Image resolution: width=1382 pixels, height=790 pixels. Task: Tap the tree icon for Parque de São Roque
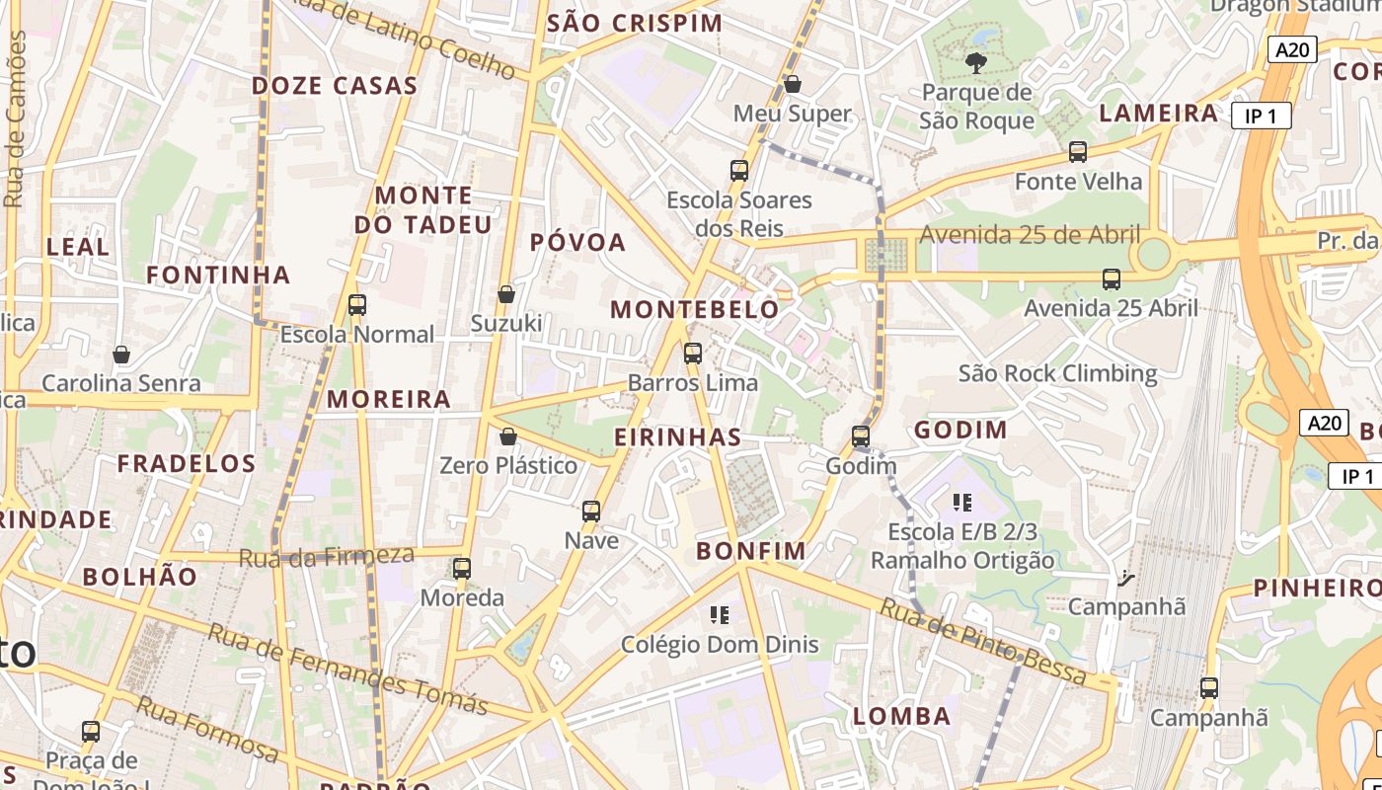pyautogui.click(x=976, y=64)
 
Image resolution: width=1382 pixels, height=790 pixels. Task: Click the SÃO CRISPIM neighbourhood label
pyautogui.click(x=635, y=24)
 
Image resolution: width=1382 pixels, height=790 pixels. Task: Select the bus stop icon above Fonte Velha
pyautogui.click(x=1078, y=152)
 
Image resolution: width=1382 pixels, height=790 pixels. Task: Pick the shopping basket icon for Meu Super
pyautogui.click(x=793, y=85)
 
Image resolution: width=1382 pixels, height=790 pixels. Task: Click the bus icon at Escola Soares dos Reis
pyautogui.click(x=739, y=170)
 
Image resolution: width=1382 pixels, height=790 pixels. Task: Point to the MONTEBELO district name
pyautogui.click(x=695, y=309)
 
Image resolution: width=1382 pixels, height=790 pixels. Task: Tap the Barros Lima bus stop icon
pyautogui.click(x=693, y=353)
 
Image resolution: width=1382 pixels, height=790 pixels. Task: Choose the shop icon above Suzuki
pyautogui.click(x=506, y=294)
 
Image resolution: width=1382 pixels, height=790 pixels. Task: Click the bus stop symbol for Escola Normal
pyautogui.click(x=357, y=305)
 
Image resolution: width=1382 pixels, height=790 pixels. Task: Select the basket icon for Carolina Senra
pyautogui.click(x=121, y=354)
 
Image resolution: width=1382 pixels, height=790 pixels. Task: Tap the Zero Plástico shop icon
pyautogui.click(x=508, y=436)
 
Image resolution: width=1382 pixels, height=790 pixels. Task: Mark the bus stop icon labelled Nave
pyautogui.click(x=591, y=511)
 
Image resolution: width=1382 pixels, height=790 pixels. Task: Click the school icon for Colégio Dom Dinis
pyautogui.click(x=720, y=615)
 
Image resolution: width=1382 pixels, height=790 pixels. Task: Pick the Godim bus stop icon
pyautogui.click(x=861, y=435)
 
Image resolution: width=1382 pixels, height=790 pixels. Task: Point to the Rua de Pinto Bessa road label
pyautogui.click(x=983, y=642)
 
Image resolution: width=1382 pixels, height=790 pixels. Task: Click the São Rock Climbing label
pyautogui.click(x=1058, y=373)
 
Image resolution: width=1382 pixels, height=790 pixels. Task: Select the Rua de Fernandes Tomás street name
pyautogui.click(x=347, y=671)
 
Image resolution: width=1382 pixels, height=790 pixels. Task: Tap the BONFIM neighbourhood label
pyautogui.click(x=751, y=551)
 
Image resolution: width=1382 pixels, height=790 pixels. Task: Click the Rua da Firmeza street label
pyautogui.click(x=327, y=557)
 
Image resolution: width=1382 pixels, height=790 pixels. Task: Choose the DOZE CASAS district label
pyautogui.click(x=335, y=85)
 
